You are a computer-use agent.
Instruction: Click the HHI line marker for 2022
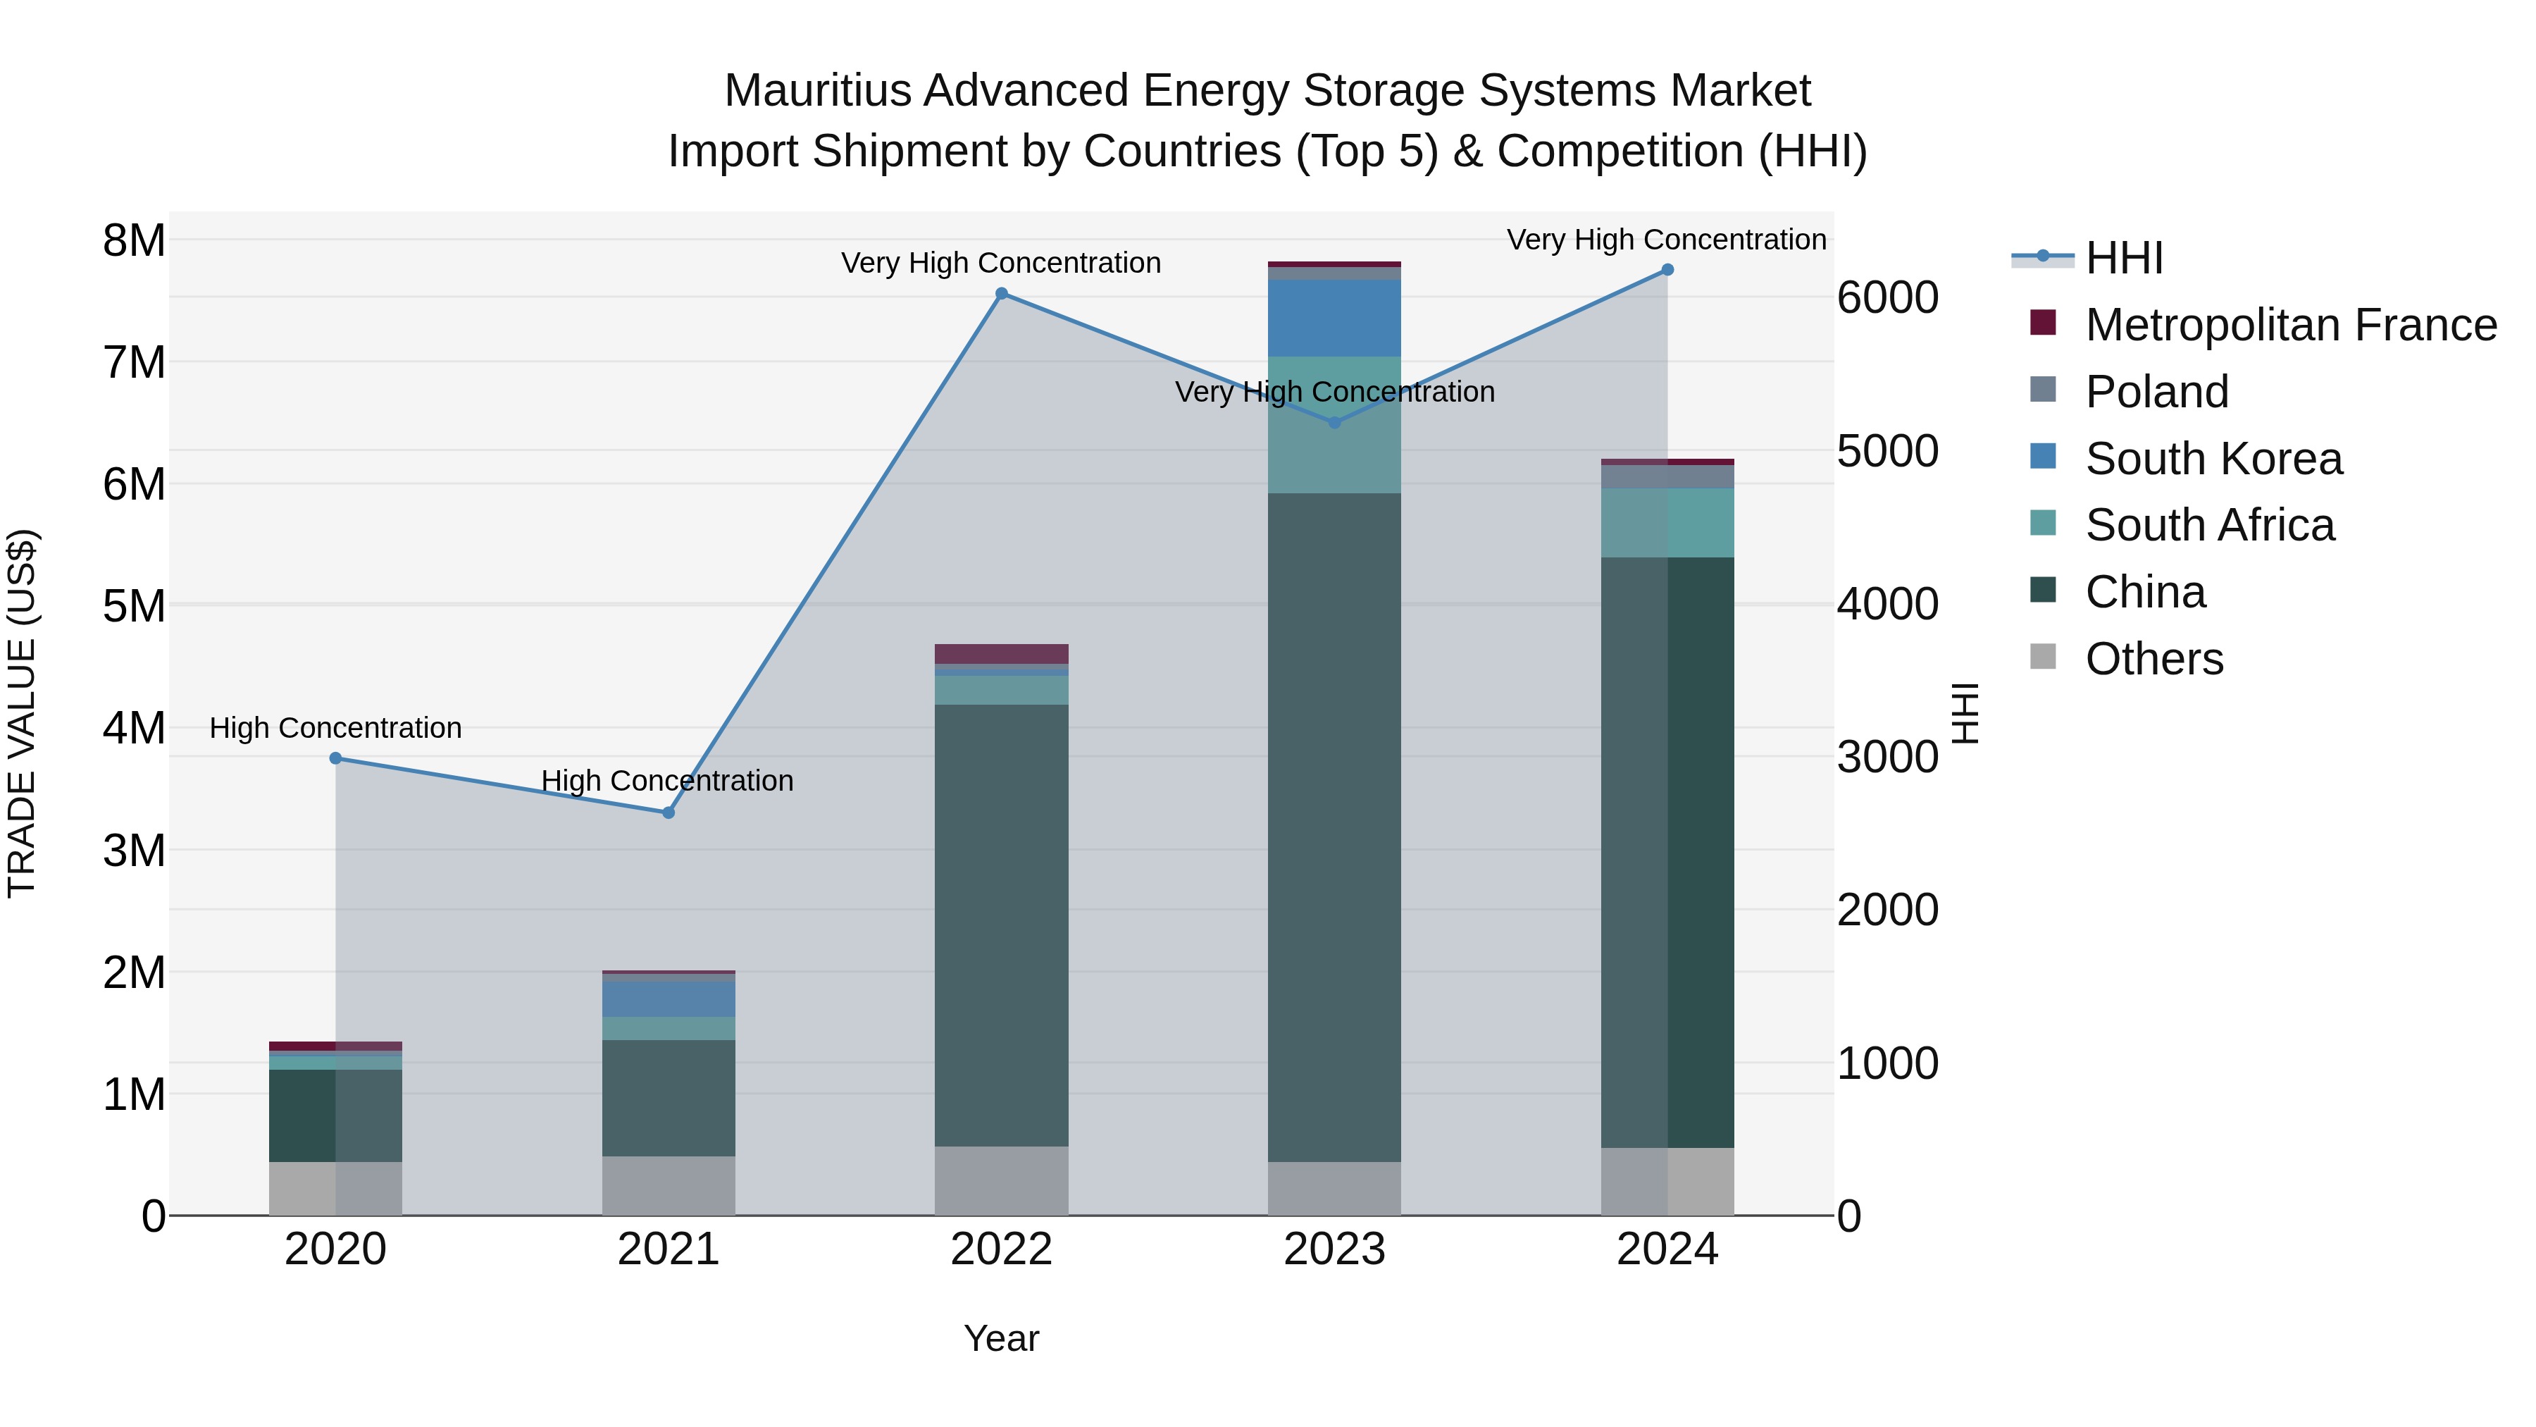pos(1001,293)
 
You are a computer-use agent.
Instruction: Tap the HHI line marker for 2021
pos(669,813)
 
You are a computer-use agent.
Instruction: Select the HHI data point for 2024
pos(1667,270)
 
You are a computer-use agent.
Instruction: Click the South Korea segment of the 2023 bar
pos(1334,318)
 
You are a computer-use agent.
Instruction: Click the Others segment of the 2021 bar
pos(669,1186)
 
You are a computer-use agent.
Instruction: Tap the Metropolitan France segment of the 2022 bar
pos(1001,654)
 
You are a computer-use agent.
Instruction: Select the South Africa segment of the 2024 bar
pos(1667,523)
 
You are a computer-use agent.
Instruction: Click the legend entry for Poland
pos(2156,392)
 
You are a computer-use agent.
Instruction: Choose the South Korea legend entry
pos(2213,459)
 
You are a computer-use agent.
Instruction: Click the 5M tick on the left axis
pos(135,605)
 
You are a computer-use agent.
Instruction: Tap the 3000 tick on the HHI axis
pos(1887,758)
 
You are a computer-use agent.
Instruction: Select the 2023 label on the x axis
pos(1334,1249)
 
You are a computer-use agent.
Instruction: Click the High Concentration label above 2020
pos(336,728)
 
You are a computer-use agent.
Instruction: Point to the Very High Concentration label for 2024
pos(1666,240)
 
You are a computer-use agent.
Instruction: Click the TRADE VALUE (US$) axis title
pos(22,713)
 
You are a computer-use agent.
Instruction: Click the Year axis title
pos(1001,1338)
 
